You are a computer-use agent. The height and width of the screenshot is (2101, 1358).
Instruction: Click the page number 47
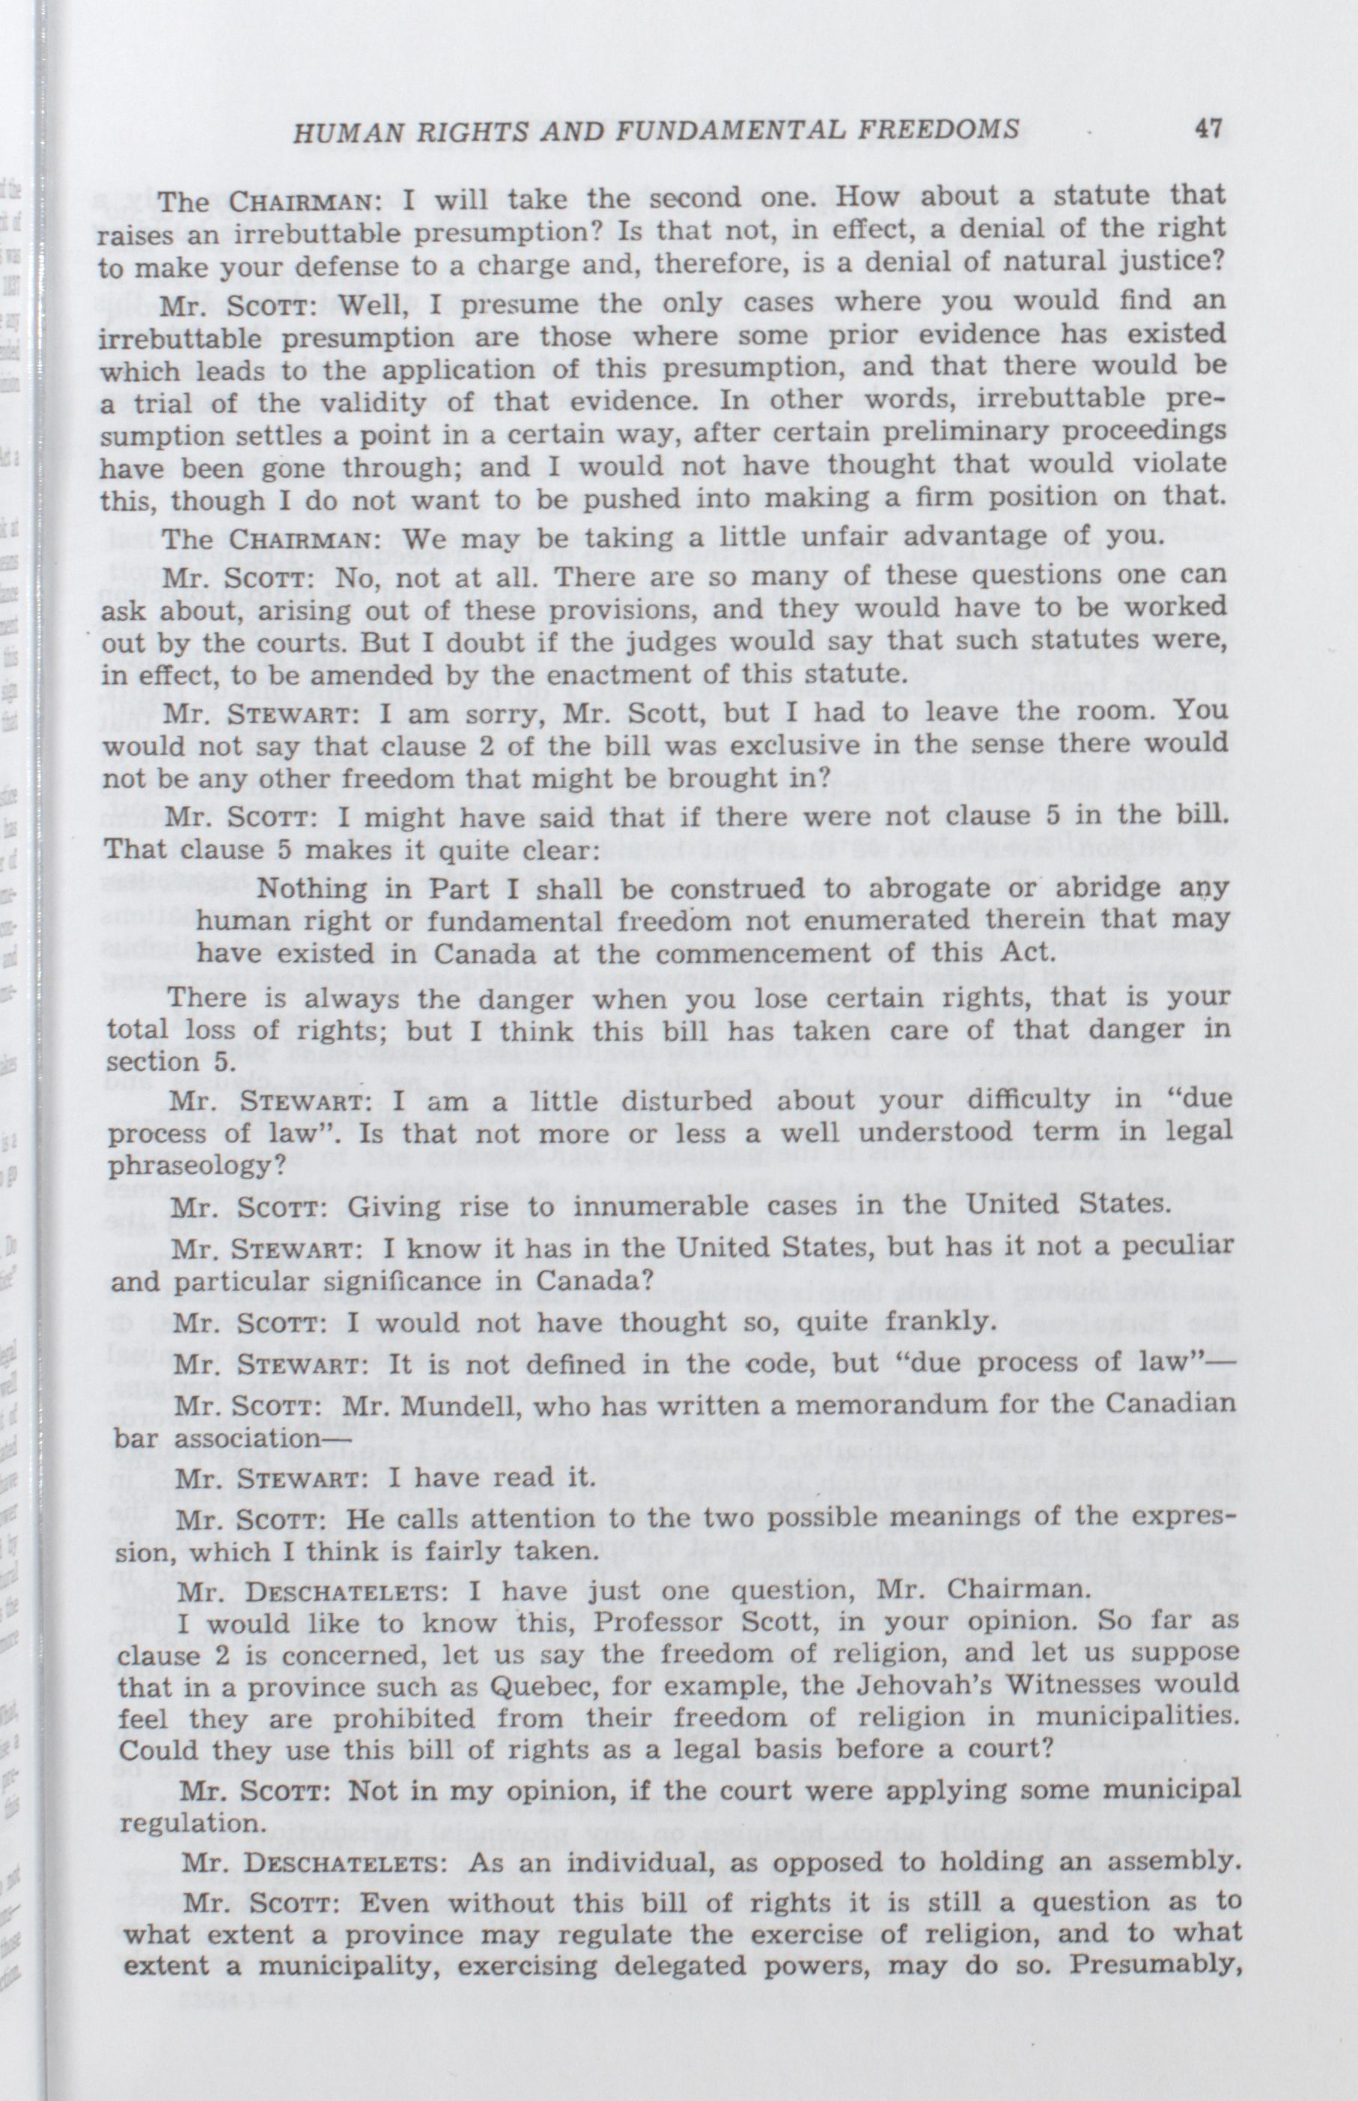1208,129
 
